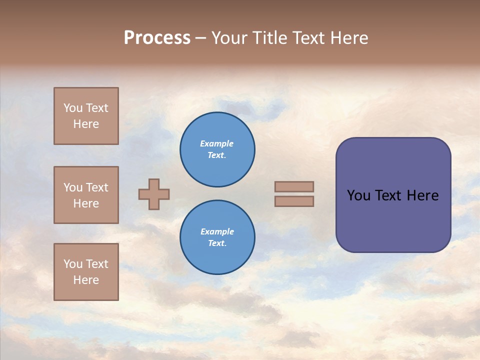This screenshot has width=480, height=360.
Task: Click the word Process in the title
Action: (x=157, y=38)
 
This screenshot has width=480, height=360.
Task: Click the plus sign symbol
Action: (x=154, y=194)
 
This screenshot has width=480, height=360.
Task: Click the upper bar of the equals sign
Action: (x=294, y=186)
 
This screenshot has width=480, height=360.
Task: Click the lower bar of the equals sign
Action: (x=294, y=201)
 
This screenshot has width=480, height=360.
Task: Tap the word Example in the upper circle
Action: (x=217, y=143)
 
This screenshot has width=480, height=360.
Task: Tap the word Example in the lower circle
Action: (x=217, y=231)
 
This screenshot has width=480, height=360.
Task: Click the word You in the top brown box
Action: (x=73, y=108)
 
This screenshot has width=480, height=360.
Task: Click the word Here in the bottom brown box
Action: (x=86, y=280)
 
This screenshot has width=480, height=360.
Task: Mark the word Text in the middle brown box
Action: (x=96, y=187)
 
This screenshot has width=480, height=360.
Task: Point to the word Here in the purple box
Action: (x=423, y=195)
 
